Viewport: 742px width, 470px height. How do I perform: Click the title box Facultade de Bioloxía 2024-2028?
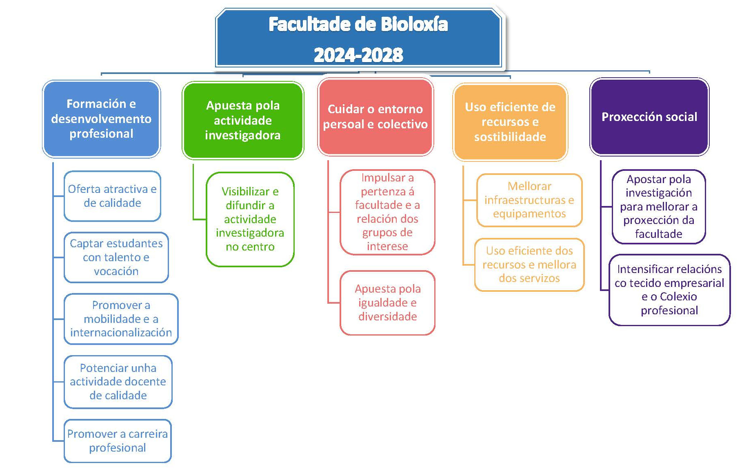pos(358,38)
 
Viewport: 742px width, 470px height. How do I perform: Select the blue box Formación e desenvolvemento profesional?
pos(101,119)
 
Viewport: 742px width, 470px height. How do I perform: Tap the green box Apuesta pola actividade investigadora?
pos(243,120)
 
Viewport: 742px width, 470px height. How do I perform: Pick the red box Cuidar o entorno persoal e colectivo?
pos(375,116)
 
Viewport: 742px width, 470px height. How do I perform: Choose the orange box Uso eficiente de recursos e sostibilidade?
pos(510,122)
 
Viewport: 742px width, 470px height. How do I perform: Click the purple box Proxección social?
pos(649,116)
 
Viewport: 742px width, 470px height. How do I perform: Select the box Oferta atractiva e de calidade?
pos(112,196)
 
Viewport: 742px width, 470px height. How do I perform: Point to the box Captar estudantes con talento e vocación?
pos(116,257)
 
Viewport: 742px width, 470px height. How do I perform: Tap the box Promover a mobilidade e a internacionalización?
pos(121,319)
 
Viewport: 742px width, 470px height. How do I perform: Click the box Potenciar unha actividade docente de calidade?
pos(118,382)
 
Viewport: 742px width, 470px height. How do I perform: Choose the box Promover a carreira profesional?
pos(118,441)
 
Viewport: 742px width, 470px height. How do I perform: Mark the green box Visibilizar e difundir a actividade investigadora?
pos(250,219)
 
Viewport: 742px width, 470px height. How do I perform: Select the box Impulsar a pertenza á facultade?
pos(387,212)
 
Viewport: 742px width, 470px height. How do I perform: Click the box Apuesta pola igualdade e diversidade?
pos(387,303)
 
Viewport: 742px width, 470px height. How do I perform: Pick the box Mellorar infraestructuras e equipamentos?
pos(529,200)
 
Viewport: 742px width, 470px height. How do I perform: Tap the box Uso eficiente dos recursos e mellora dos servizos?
pos(529,265)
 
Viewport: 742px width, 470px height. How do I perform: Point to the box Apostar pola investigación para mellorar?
pos(659,207)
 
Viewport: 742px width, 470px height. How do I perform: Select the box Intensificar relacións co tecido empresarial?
pos(669,290)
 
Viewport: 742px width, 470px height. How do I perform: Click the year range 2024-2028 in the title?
pos(358,55)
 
